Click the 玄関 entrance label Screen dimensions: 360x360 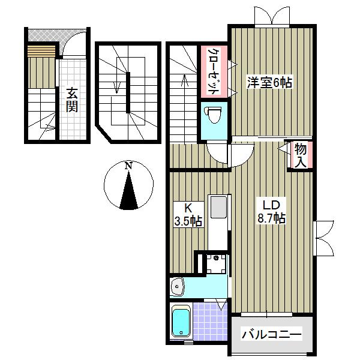tap(72, 100)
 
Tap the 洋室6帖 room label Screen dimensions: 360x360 tap(269, 82)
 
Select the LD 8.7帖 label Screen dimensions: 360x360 tap(271, 212)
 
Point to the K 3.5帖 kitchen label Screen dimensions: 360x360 tap(188, 215)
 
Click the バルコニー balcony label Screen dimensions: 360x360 tap(272, 335)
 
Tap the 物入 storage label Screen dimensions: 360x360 tap(301, 155)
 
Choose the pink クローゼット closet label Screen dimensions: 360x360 tap(213, 71)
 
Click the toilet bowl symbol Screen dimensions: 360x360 tap(212, 115)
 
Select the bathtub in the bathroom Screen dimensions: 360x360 tap(181, 322)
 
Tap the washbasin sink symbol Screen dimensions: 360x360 tap(177, 287)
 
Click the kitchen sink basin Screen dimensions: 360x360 tap(219, 207)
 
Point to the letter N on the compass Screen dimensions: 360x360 tap(129, 166)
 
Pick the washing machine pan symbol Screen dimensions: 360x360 tap(216, 263)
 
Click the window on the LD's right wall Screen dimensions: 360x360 tap(323, 238)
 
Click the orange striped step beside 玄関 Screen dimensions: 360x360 tap(41, 51)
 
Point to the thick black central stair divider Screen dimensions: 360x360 tap(128, 92)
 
